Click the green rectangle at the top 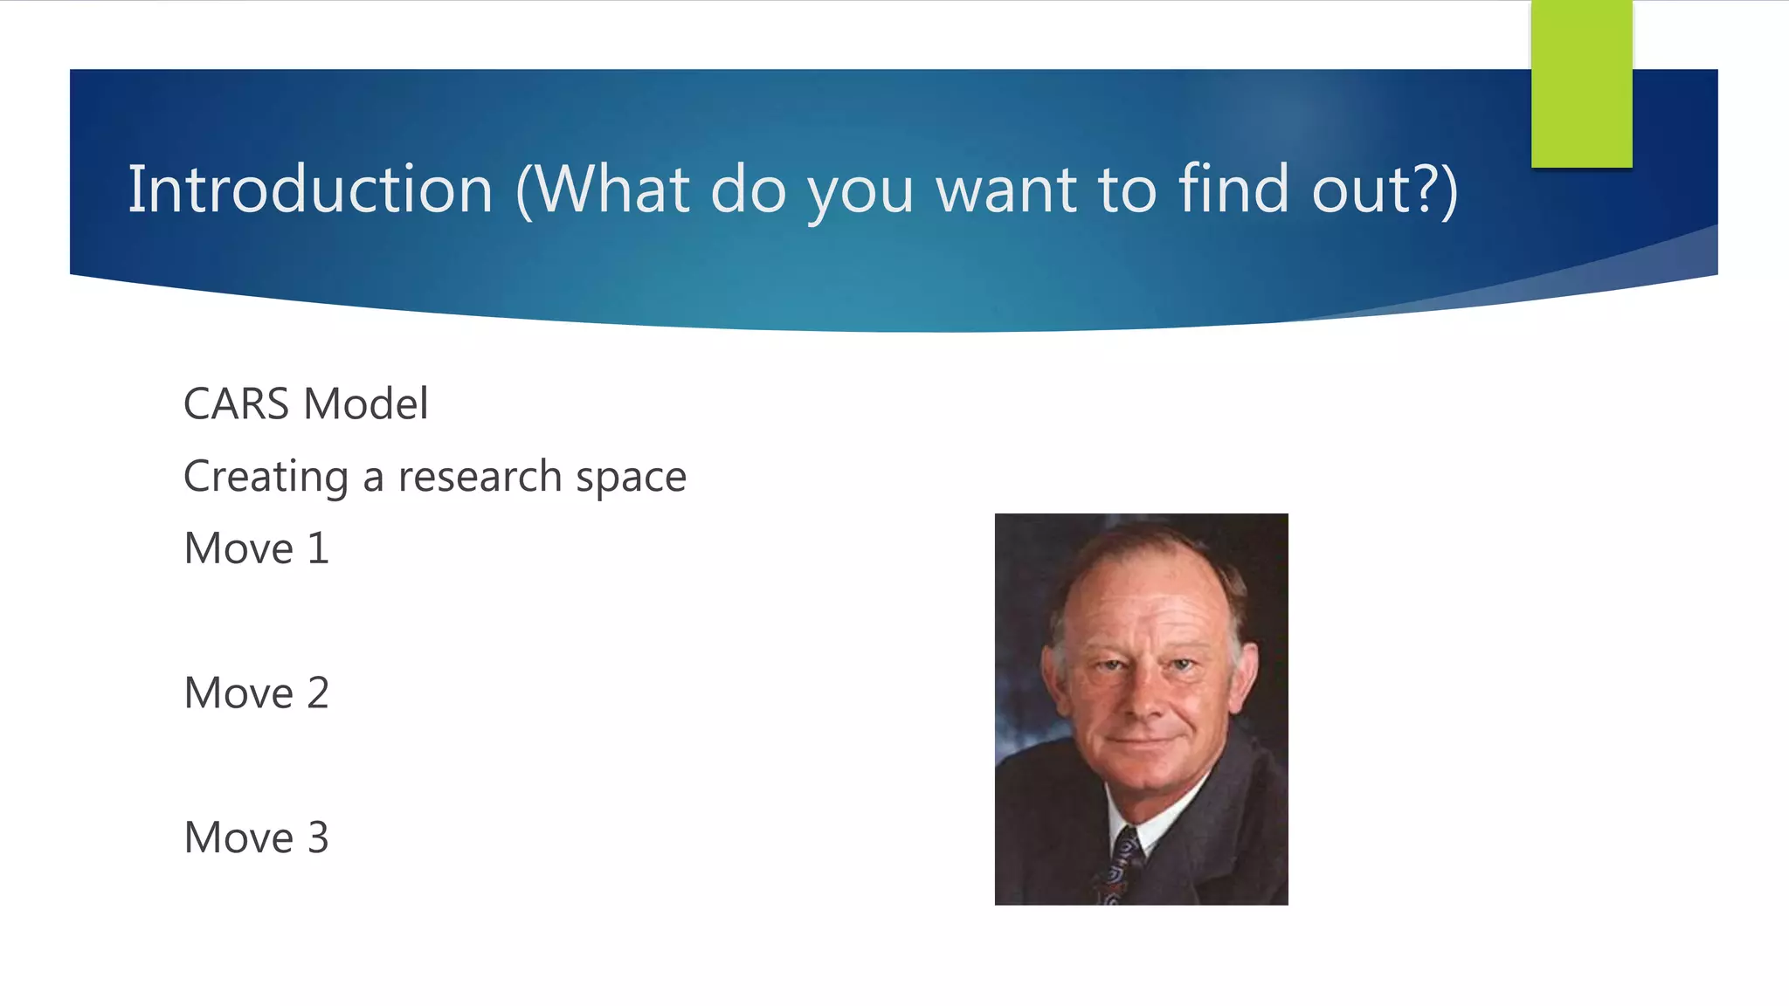pyautogui.click(x=1581, y=84)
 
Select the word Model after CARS pyautogui.click(x=366, y=404)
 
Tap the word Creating pyautogui.click(x=266, y=478)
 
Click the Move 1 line pyautogui.click(x=256, y=548)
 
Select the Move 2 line pyautogui.click(x=256, y=693)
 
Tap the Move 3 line pyautogui.click(x=256, y=837)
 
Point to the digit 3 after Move pyautogui.click(x=318, y=837)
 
